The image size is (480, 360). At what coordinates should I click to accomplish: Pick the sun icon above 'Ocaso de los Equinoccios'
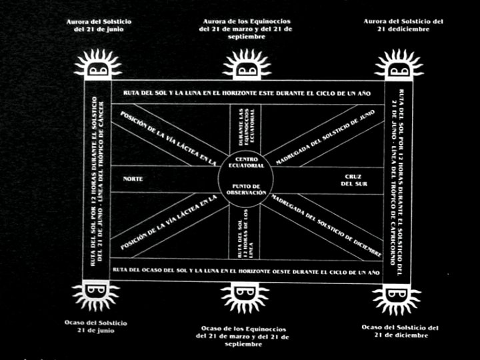coord(245,297)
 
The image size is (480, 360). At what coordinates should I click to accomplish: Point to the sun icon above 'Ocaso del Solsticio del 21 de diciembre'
coord(397,297)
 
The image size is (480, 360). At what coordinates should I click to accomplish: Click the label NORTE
coord(133,179)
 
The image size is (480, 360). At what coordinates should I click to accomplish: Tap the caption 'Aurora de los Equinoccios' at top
coord(246,29)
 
